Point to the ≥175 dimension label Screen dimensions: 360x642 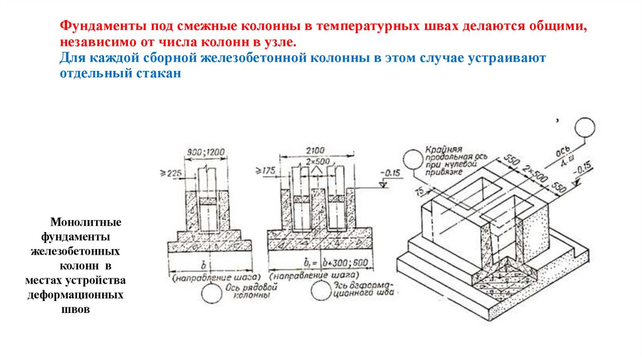pyautogui.click(x=265, y=169)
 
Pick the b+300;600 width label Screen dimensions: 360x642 pyautogui.click(x=339, y=263)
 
